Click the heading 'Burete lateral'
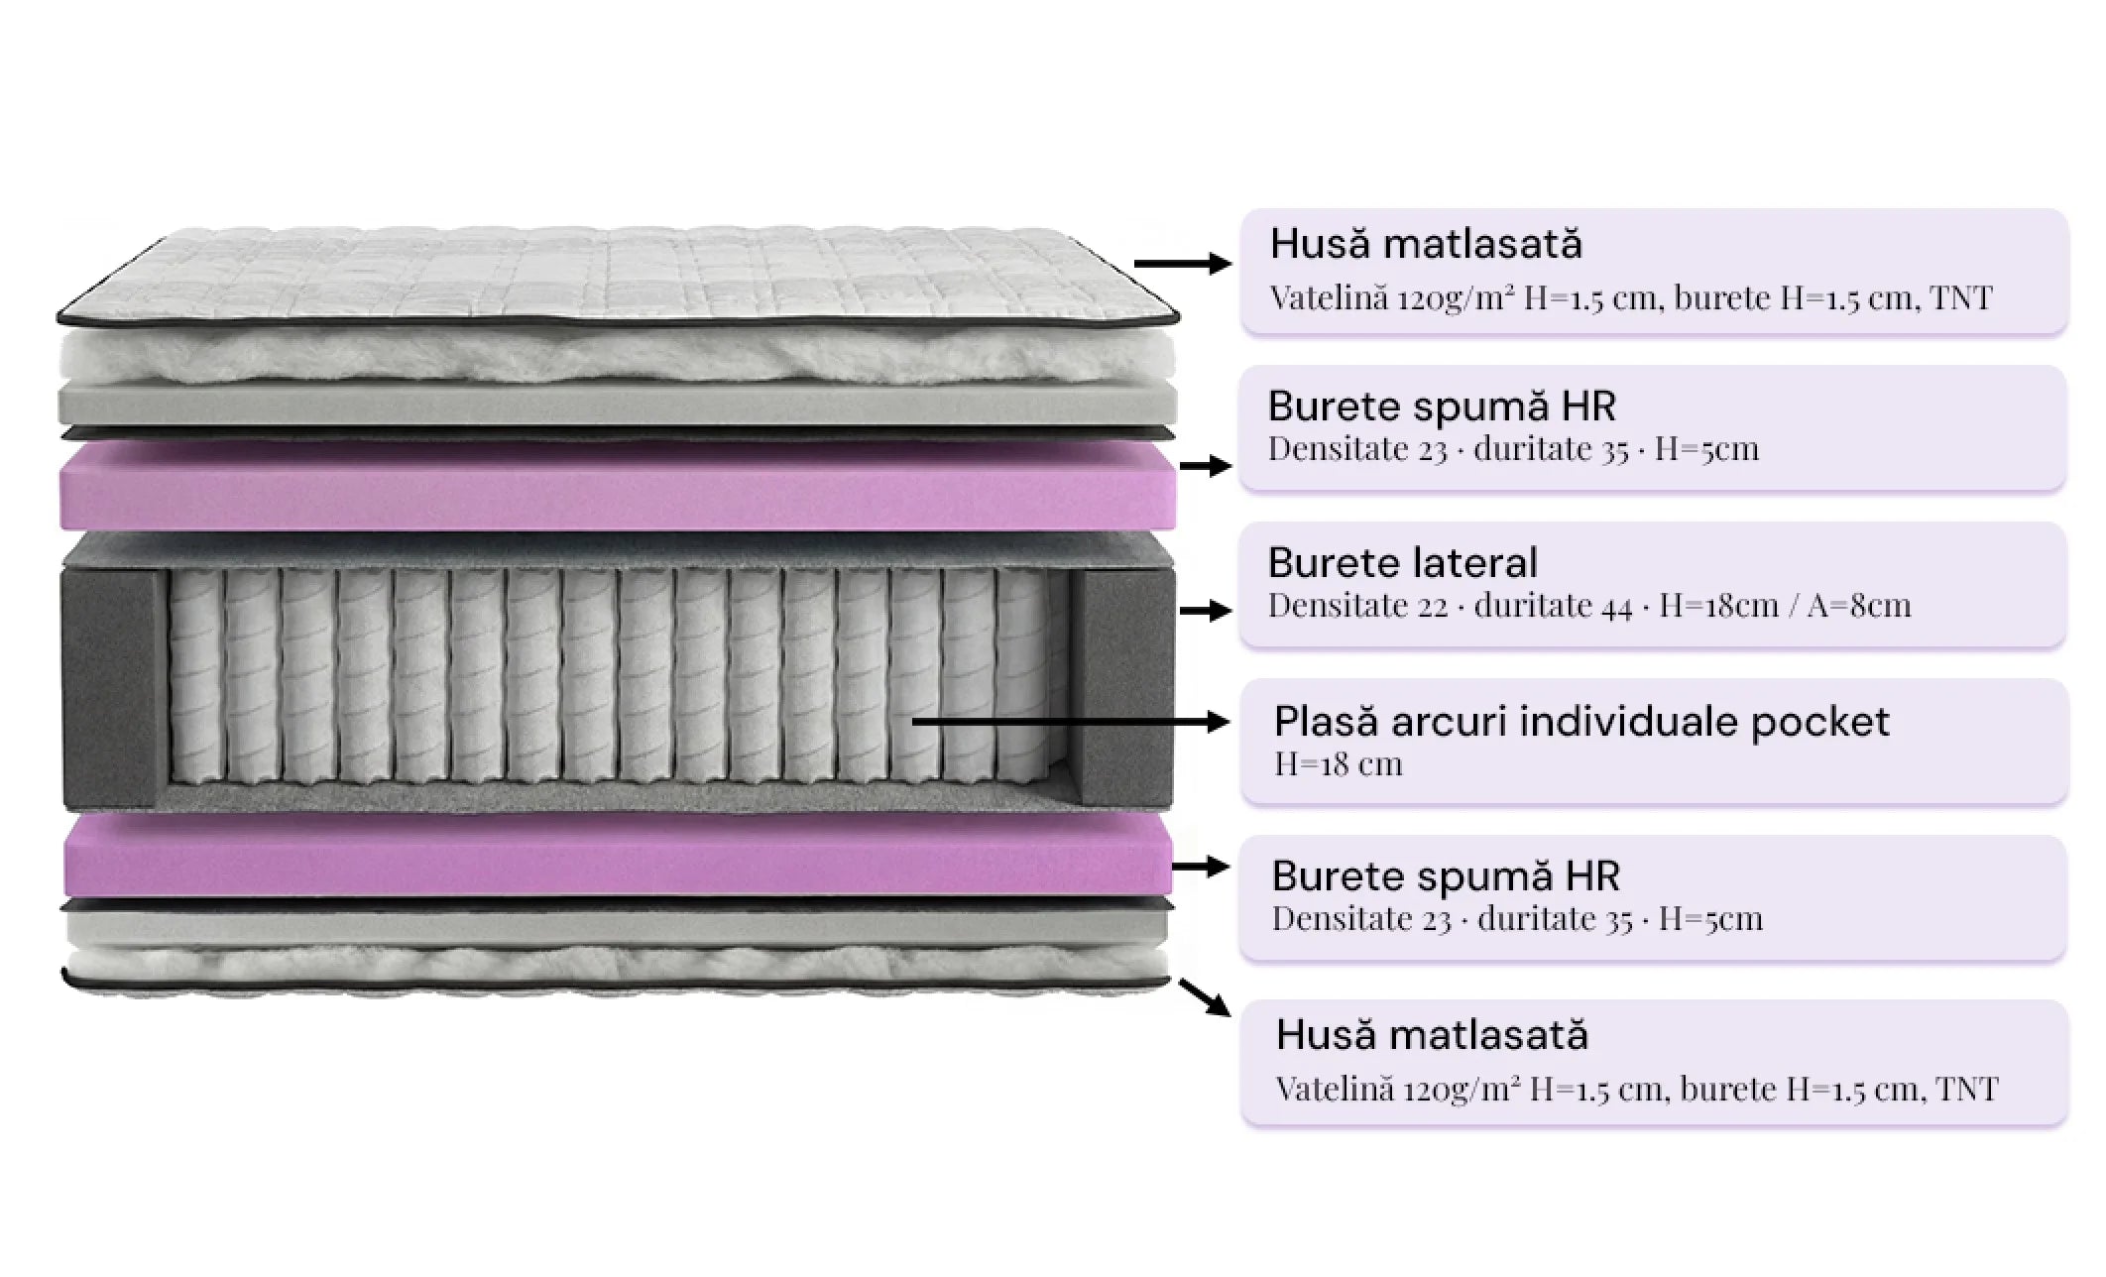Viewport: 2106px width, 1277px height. point(1403,563)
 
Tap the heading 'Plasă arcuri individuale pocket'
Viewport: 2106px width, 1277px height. point(1581,722)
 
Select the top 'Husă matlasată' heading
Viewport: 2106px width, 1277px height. point(1426,244)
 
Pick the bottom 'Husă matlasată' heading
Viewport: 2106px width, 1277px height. point(1432,1035)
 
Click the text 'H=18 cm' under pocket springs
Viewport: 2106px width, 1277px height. point(1338,764)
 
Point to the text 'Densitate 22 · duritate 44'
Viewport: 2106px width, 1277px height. point(1450,605)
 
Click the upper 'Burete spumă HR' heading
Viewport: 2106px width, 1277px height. point(1442,406)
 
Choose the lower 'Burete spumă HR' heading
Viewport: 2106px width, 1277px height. point(1446,876)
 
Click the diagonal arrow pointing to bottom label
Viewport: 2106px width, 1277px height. point(1204,997)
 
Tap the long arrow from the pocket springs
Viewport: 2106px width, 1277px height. point(1071,722)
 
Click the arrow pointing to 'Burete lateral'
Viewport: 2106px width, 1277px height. point(1206,611)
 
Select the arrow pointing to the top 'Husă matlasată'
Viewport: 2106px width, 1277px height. point(1183,263)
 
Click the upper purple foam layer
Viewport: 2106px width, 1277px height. point(618,486)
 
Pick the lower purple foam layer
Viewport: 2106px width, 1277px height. point(618,854)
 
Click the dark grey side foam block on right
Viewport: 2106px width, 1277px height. point(1124,686)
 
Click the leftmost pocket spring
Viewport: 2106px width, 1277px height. point(194,675)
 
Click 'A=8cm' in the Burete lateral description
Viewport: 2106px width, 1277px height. point(1858,605)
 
